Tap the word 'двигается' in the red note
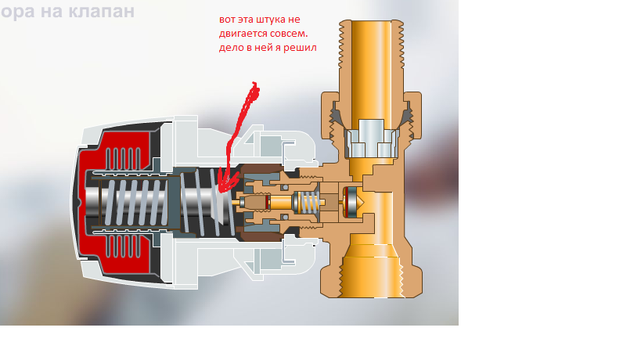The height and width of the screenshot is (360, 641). click(243, 34)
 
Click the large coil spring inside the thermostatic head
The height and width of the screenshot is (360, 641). click(137, 202)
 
